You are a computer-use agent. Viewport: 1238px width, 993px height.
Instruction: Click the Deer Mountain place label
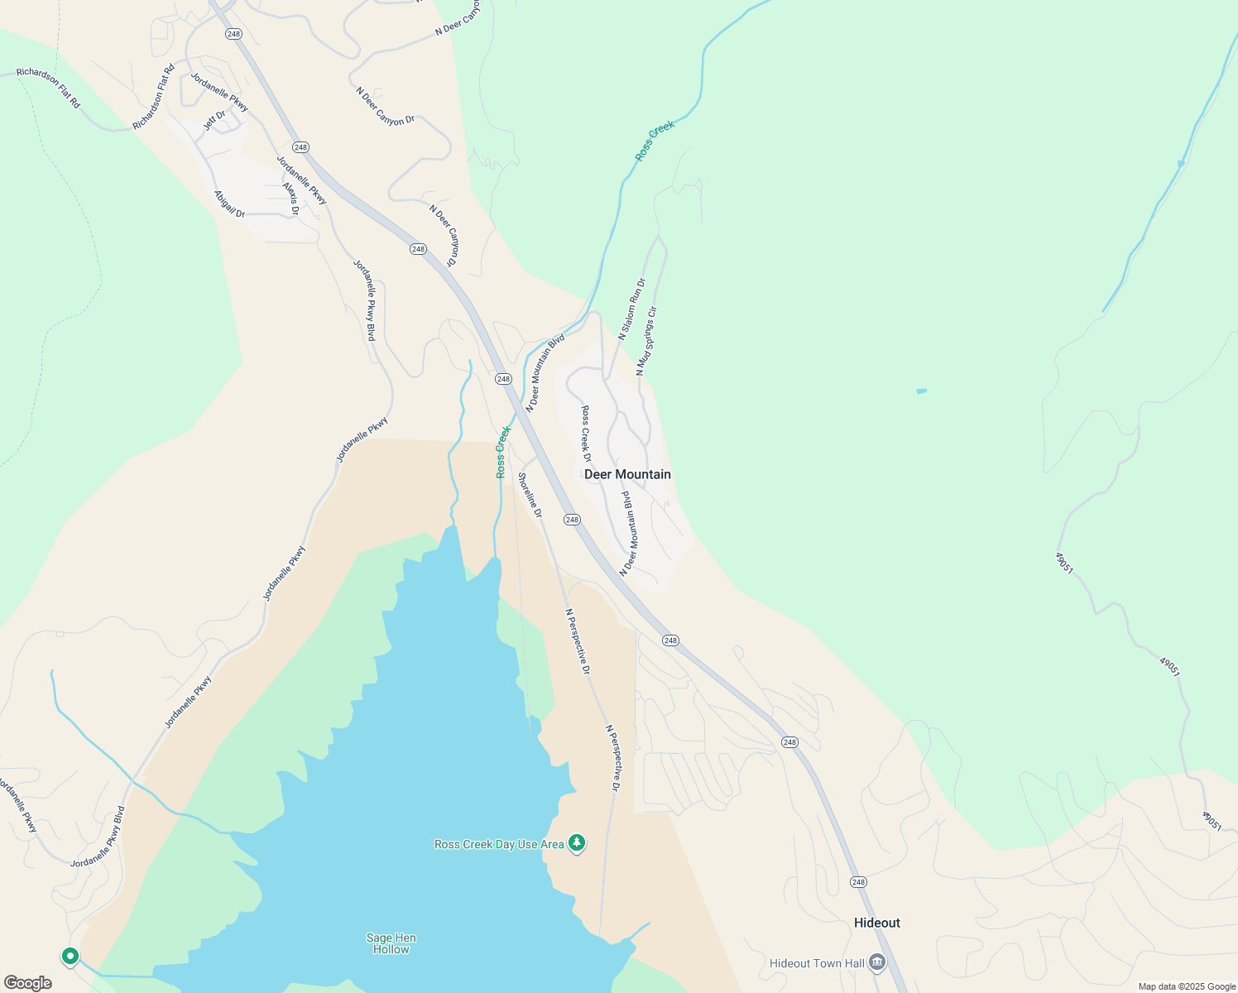[x=627, y=474]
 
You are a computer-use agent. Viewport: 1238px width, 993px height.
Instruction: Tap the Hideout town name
[x=876, y=923]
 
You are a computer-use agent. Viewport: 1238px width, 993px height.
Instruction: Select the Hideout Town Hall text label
[x=817, y=963]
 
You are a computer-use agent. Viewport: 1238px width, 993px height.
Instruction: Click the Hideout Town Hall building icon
[x=877, y=962]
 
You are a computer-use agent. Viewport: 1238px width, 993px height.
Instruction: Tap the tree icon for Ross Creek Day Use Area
[x=577, y=843]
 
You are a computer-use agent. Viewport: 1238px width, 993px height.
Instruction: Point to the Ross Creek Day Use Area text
[x=499, y=844]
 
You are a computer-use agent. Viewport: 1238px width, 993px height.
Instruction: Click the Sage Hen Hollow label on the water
[x=391, y=943]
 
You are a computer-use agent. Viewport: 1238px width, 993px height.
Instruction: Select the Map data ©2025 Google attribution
[x=1185, y=986]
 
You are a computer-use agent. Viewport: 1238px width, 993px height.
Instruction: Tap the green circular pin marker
[x=70, y=957]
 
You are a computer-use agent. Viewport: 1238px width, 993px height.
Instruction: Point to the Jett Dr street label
[x=214, y=121]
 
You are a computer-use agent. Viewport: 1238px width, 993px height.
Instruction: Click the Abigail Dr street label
[x=229, y=204]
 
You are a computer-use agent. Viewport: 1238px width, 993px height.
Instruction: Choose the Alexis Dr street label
[x=290, y=199]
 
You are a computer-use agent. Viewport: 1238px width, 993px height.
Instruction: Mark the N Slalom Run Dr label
[x=631, y=309]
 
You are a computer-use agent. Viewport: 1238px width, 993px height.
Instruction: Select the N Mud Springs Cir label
[x=646, y=341]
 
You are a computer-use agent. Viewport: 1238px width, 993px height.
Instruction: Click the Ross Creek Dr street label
[x=586, y=434]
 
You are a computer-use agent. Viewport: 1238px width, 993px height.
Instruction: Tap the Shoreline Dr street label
[x=530, y=495]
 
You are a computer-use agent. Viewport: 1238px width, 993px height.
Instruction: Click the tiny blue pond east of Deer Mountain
[x=922, y=391]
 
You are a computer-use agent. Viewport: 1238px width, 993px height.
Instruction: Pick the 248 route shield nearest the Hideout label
[x=858, y=882]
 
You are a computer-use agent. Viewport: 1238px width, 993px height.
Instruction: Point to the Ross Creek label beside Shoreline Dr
[x=503, y=452]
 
